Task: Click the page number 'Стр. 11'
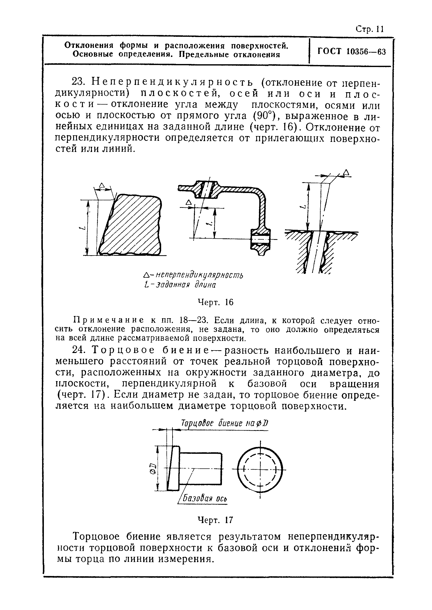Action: point(369,29)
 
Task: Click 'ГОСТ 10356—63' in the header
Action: point(351,51)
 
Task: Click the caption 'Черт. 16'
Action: point(215,302)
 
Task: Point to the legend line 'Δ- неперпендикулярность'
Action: point(193,275)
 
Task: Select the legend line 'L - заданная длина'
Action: point(180,285)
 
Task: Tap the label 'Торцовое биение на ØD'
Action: point(224,423)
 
